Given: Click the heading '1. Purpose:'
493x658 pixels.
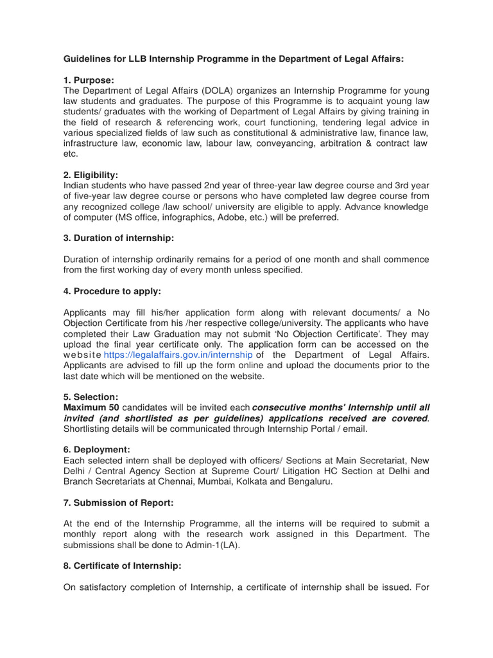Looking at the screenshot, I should (89, 80).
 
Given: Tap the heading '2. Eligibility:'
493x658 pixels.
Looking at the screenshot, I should (91, 175).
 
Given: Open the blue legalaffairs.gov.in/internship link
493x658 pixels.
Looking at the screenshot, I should (178, 355).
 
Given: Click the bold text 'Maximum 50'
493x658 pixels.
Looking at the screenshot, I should (91, 407).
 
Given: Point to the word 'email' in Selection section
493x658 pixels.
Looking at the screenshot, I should (353, 429).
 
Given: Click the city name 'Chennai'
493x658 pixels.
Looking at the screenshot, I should (197, 481).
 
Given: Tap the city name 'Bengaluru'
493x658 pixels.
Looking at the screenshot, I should (311, 481).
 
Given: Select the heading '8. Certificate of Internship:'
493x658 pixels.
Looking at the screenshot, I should (123, 565).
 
